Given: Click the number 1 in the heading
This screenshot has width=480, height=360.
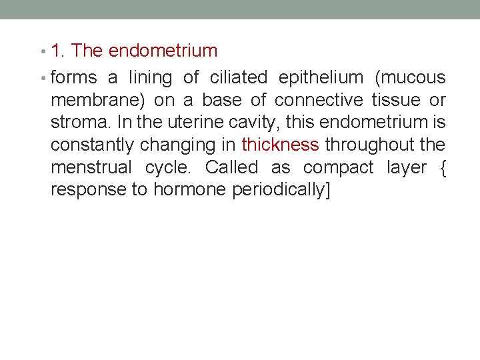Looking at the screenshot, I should click(x=57, y=51).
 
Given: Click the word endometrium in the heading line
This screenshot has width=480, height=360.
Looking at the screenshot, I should click(x=163, y=51).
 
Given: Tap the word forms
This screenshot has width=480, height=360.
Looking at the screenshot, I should click(x=73, y=78).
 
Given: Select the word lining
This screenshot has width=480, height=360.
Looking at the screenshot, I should click(x=151, y=78).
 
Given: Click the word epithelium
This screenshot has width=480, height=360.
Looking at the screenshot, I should click(x=321, y=79).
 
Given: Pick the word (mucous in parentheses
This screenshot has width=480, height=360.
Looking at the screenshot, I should click(x=410, y=78).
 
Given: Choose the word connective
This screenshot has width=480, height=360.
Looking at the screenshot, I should click(x=319, y=100).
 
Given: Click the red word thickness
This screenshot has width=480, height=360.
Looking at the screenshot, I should click(x=280, y=145).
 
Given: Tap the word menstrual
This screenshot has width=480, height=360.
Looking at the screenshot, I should click(x=93, y=167).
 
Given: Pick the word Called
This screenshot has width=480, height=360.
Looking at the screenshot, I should click(x=231, y=167).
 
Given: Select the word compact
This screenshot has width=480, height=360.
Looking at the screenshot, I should click(x=339, y=168).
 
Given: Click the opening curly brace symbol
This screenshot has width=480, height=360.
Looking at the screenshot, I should click(x=442, y=168).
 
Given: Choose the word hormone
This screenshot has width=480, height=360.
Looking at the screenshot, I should click(x=190, y=189).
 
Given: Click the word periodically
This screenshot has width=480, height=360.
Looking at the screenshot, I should click(x=279, y=190).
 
